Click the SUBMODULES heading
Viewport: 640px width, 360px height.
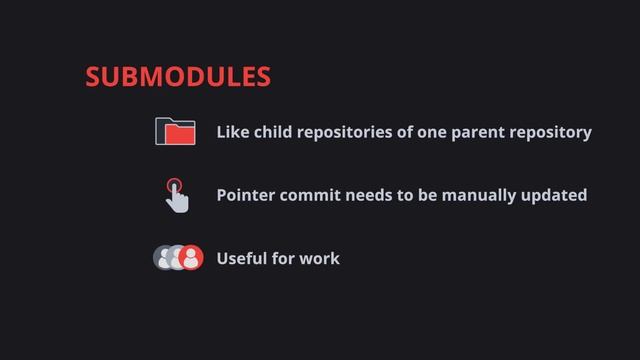click(178, 77)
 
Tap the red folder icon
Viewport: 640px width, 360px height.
click(175, 131)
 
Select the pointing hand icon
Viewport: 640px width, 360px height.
click(176, 196)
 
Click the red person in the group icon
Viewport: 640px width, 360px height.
click(192, 258)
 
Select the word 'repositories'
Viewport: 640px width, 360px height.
click(351, 132)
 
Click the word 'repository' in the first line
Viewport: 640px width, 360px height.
click(554, 132)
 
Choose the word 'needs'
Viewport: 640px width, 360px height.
click(369, 195)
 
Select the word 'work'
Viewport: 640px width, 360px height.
click(321, 259)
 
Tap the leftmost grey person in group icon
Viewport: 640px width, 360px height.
click(163, 258)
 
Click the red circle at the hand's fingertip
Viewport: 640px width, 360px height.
click(174, 185)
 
